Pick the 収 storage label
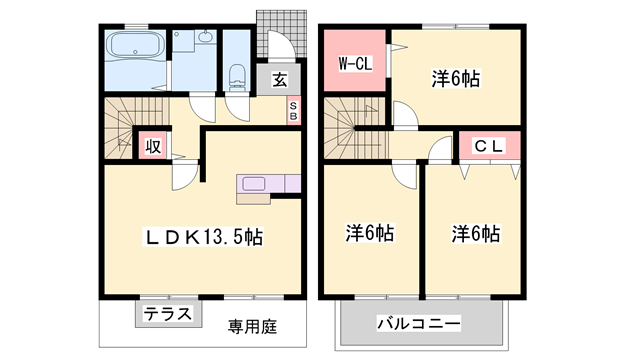click(x=152, y=146)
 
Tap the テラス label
click(x=165, y=312)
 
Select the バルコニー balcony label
click(x=418, y=324)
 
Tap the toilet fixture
click(x=237, y=75)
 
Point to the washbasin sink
click(x=206, y=39)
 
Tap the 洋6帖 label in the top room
click(x=455, y=78)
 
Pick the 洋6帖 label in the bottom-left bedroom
click(x=369, y=234)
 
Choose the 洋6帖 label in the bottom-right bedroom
click(x=474, y=234)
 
